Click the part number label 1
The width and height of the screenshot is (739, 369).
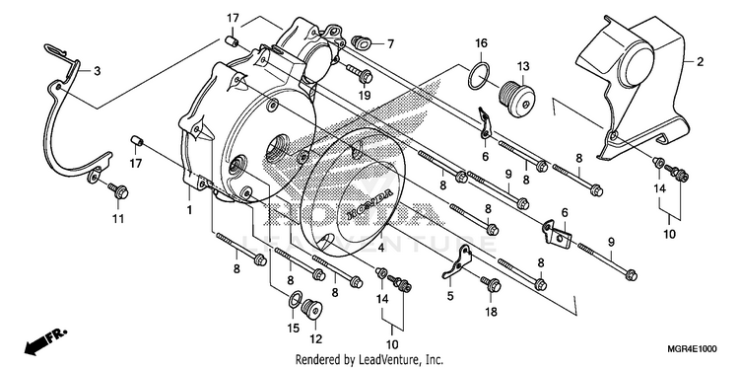pyautogui.click(x=189, y=210)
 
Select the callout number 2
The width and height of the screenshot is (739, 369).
pyautogui.click(x=701, y=62)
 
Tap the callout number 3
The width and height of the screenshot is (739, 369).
pyautogui.click(x=98, y=71)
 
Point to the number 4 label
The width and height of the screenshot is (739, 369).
pyautogui.click(x=380, y=248)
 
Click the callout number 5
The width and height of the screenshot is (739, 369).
pyautogui.click(x=450, y=296)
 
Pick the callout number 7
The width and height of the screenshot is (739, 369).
pyautogui.click(x=390, y=44)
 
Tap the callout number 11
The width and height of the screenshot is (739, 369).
pyautogui.click(x=118, y=219)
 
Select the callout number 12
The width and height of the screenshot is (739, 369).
pyautogui.click(x=315, y=338)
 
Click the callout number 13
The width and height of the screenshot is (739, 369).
pyautogui.click(x=522, y=66)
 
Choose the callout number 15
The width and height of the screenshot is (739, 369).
pyautogui.click(x=294, y=328)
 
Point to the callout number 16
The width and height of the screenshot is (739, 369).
pyautogui.click(x=480, y=43)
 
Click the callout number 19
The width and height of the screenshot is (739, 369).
pyautogui.click(x=365, y=96)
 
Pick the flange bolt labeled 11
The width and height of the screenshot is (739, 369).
pyautogui.click(x=119, y=190)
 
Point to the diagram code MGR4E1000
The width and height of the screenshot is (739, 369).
pyautogui.click(x=692, y=349)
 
